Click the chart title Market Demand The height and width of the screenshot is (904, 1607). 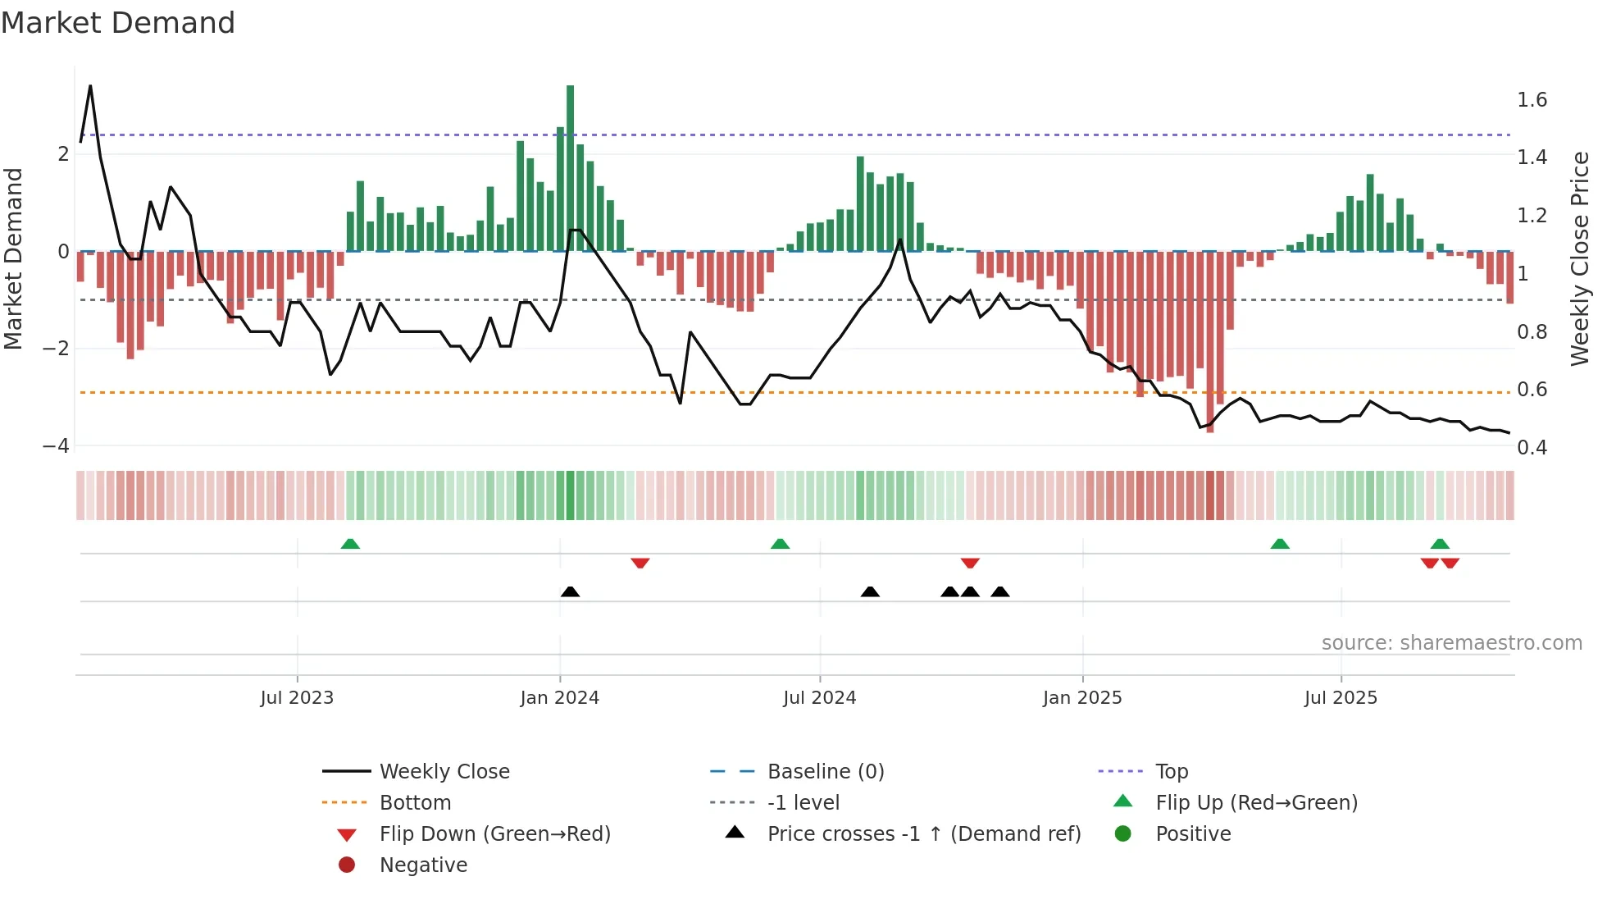click(x=118, y=23)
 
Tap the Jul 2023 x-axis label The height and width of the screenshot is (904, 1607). click(x=297, y=698)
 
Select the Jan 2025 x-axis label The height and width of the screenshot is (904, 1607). click(x=1082, y=698)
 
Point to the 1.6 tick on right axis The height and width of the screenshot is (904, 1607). click(x=1532, y=100)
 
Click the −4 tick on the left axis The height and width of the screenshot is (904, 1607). click(x=57, y=446)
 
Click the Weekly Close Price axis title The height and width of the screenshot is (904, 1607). click(x=1579, y=258)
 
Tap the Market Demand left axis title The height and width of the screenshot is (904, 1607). click(x=13, y=258)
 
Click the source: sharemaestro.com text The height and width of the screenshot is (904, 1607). click(x=1451, y=643)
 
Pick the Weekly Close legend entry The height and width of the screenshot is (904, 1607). click(x=444, y=772)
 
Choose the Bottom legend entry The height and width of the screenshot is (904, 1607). click(x=415, y=803)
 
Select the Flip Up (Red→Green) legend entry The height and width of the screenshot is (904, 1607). click(x=1256, y=803)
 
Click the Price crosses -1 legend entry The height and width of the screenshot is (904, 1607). click(x=923, y=834)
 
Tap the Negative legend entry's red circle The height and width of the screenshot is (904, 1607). click(x=347, y=865)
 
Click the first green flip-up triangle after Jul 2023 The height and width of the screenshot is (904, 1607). click(x=350, y=544)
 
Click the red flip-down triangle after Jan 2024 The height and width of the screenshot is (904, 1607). click(x=640, y=563)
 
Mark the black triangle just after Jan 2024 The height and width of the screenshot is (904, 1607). click(x=570, y=591)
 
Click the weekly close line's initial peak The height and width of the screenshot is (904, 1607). click(x=90, y=85)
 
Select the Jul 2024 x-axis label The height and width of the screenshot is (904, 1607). click(x=819, y=698)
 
